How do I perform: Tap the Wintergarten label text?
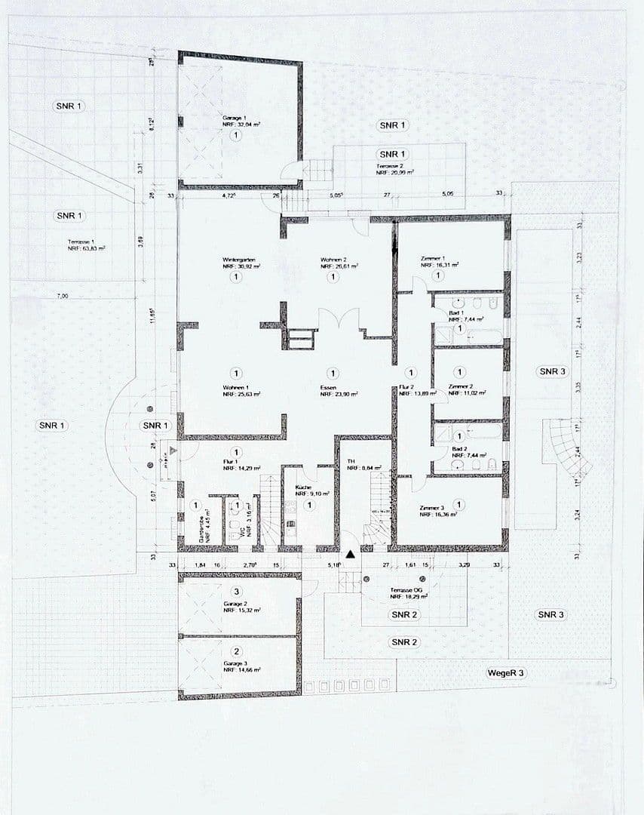tap(238, 260)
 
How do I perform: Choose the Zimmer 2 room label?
tap(461, 386)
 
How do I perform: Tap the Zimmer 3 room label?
tap(433, 508)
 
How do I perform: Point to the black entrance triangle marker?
tap(350, 555)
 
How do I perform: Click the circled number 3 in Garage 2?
tap(237, 592)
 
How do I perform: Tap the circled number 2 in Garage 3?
tap(237, 652)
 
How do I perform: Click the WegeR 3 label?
tap(505, 672)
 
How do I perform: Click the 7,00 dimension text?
tap(62, 297)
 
